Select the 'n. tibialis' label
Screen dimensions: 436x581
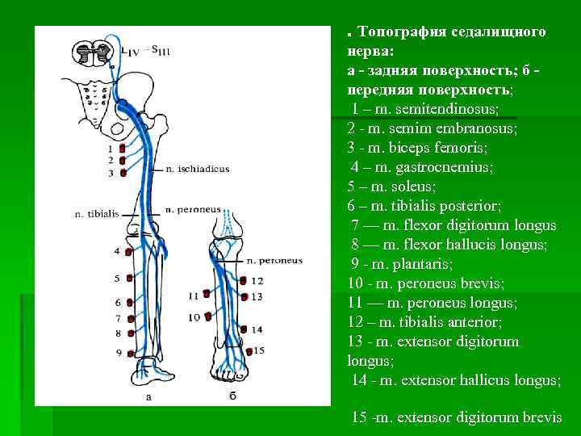96,214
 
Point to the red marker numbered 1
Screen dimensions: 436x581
121,149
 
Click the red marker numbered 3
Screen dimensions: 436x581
121,172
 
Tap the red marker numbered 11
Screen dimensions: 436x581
208,296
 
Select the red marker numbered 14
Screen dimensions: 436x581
245,329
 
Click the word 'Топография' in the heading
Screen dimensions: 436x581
400,31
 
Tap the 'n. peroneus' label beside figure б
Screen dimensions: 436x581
274,262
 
